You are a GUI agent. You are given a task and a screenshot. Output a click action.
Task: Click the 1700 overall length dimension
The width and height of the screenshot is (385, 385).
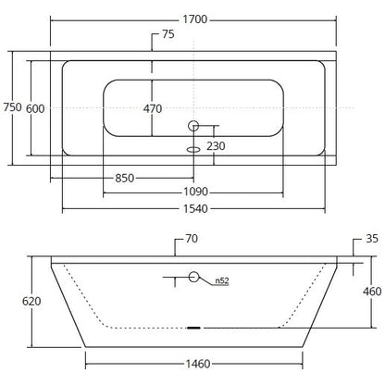click(195, 19)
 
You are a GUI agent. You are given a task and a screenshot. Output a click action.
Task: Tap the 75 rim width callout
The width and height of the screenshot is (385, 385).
click(168, 34)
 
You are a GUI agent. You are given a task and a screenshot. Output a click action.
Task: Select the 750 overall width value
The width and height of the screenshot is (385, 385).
click(13, 107)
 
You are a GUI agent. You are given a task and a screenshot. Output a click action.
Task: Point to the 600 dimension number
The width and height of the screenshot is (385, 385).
click(35, 108)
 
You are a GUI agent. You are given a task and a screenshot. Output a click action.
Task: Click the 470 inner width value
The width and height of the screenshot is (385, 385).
click(153, 108)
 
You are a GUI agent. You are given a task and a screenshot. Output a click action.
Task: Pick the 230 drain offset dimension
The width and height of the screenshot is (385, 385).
click(216, 146)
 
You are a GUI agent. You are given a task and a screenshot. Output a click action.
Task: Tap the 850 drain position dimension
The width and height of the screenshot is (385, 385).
click(125, 178)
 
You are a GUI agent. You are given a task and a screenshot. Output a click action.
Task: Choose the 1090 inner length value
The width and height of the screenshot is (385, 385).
click(195, 192)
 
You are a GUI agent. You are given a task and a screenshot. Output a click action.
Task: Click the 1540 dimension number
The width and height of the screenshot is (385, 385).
click(195, 209)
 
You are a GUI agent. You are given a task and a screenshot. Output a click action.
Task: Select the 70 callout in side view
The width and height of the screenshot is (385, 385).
click(192, 239)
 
